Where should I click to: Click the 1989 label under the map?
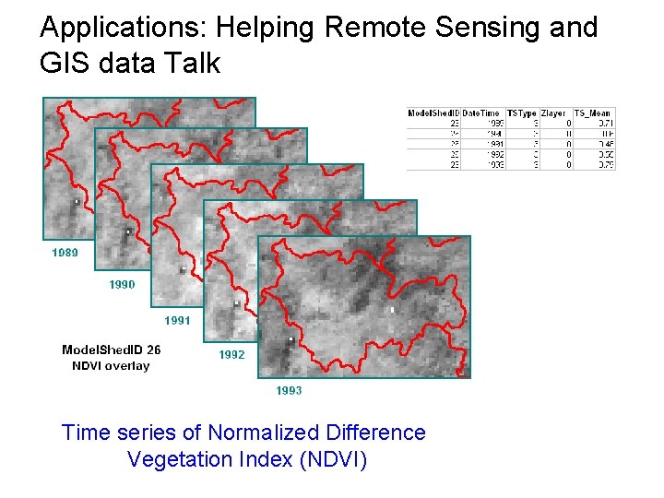tap(65, 253)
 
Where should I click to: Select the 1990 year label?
tap(122, 285)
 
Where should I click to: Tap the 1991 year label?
tap(177, 321)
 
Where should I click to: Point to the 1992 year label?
tap(231, 355)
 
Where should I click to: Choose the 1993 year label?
tap(289, 391)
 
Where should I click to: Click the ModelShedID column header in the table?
tap(433, 113)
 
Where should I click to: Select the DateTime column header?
tap(482, 113)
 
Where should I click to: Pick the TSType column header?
tap(522, 113)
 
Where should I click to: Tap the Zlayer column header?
tap(554, 113)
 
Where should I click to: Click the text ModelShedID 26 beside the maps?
tap(111, 350)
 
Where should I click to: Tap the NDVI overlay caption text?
tap(111, 366)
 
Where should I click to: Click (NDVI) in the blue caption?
tap(333, 459)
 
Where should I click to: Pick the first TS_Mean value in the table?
tap(605, 123)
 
